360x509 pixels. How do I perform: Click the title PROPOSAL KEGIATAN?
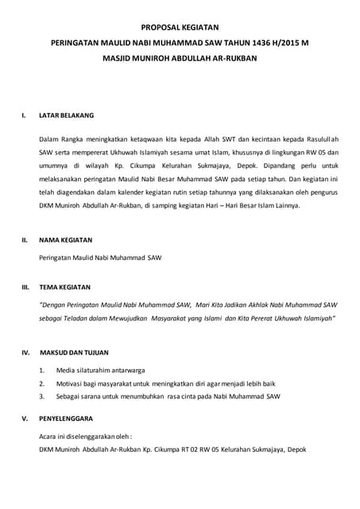click(180, 28)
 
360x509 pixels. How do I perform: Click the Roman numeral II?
click(25, 239)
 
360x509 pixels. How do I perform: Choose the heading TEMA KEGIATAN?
click(65, 286)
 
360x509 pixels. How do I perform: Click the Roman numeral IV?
click(25, 352)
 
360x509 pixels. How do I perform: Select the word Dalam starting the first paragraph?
click(49, 140)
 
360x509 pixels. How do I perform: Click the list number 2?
click(41, 383)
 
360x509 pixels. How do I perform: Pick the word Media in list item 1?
click(66, 370)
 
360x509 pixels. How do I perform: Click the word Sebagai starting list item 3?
click(71, 395)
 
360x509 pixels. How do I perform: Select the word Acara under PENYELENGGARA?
click(49, 436)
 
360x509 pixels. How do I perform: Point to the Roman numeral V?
click(25, 418)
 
